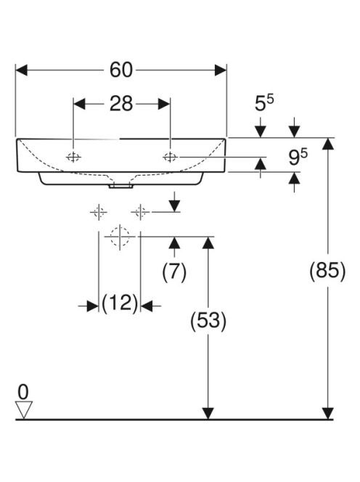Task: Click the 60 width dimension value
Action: click(x=121, y=70)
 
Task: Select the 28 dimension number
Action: click(x=121, y=104)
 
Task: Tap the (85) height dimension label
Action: click(x=327, y=271)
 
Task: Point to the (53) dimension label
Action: click(x=208, y=320)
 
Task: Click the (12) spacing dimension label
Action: click(x=120, y=303)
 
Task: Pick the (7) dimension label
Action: click(x=174, y=272)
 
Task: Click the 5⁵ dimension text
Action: click(x=264, y=103)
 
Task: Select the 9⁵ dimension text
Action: click(x=298, y=157)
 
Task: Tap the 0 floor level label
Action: click(x=23, y=392)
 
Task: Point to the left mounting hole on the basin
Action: click(x=73, y=158)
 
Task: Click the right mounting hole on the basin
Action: click(x=170, y=157)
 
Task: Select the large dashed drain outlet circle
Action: click(x=120, y=237)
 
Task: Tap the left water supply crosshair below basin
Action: click(x=99, y=212)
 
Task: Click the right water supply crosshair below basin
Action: click(x=140, y=212)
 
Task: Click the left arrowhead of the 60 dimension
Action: click(x=22, y=70)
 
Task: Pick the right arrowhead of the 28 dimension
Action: click(x=163, y=104)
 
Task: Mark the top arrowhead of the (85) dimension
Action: click(x=328, y=144)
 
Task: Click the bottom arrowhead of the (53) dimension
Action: click(x=208, y=413)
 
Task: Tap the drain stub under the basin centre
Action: click(x=121, y=186)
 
